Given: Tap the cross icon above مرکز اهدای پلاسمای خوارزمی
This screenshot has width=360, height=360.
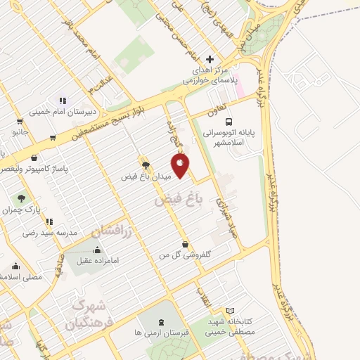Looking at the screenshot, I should click(209, 59).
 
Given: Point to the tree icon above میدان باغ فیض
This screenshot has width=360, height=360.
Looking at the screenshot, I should click(146, 165).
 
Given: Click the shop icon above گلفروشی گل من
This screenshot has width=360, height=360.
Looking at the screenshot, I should click(185, 244).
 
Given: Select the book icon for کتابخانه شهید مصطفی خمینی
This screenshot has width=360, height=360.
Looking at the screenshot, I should click(231, 311).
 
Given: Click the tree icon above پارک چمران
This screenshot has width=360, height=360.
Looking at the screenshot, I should click(22, 199).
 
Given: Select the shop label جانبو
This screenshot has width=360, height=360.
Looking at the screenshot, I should click(19, 131).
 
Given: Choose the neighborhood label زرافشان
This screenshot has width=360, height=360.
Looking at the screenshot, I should click(115, 227).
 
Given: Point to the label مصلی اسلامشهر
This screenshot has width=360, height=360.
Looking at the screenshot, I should click(20, 277).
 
